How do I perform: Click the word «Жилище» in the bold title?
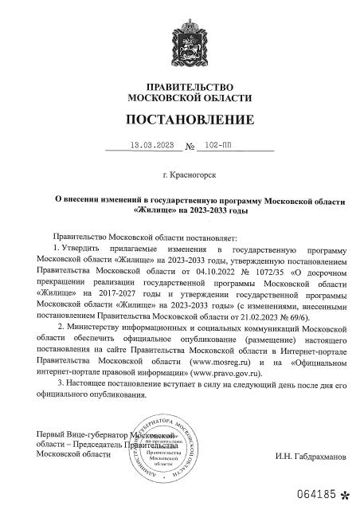coord(153,211)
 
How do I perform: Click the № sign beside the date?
coord(190,147)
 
